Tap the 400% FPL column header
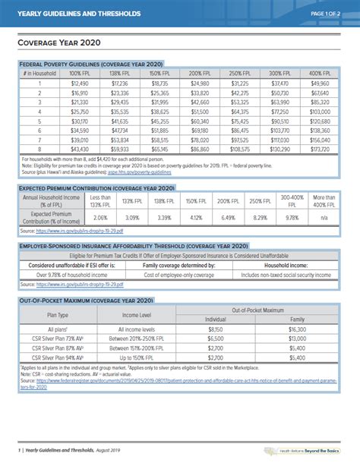320,74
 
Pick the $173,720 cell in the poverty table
320,150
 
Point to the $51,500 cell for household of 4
199,112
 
